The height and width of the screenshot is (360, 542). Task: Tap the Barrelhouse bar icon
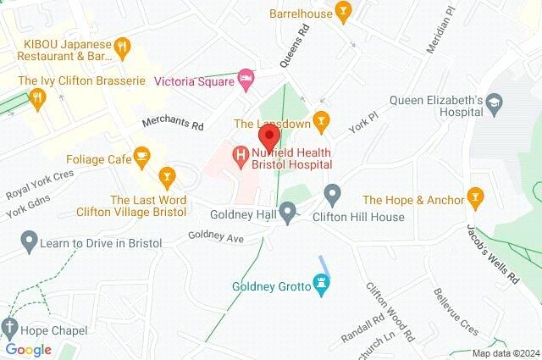[343, 11]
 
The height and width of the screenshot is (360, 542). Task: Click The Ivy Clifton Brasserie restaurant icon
[36, 98]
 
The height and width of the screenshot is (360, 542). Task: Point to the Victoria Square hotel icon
[246, 80]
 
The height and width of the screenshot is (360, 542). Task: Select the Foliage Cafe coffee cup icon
[141, 155]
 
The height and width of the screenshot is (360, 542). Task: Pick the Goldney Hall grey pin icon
[288, 211]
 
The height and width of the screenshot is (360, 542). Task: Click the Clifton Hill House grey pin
[333, 197]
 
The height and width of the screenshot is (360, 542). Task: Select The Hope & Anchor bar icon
[476, 200]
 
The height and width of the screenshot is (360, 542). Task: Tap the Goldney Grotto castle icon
[321, 285]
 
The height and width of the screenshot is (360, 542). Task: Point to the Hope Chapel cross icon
[9, 327]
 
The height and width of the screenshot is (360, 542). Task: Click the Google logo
[29, 350]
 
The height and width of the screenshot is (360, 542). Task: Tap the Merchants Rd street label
[173, 125]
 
